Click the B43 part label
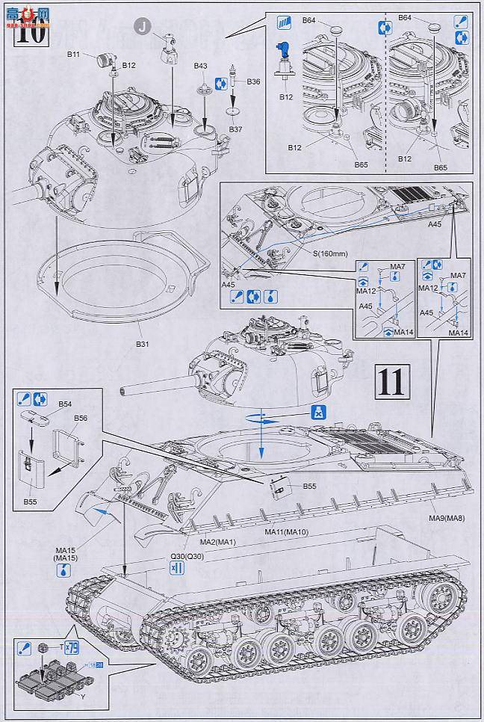(200, 67)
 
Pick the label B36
(254, 81)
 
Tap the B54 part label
(65, 404)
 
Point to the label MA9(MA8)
(445, 517)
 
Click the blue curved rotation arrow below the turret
(258, 420)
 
